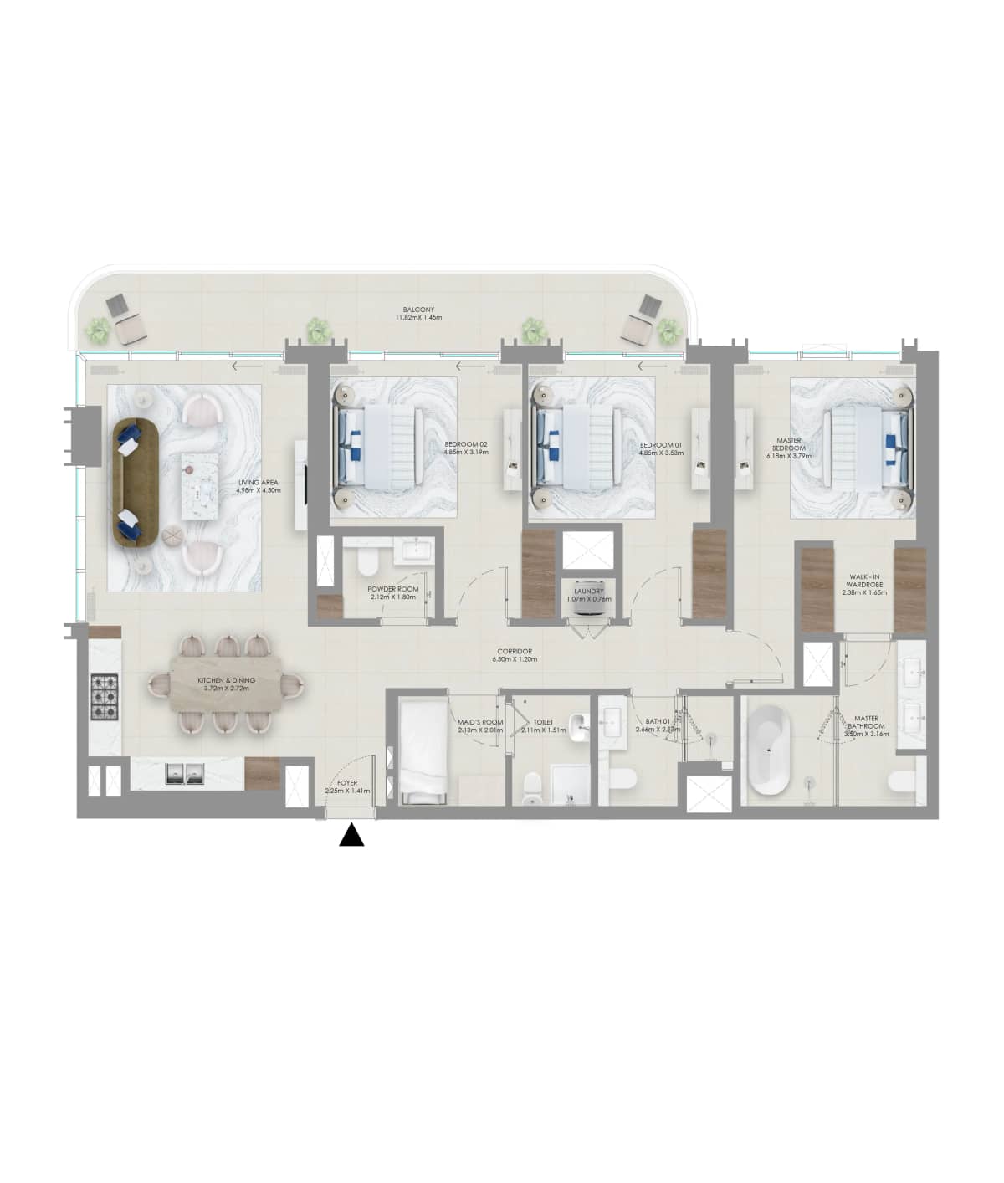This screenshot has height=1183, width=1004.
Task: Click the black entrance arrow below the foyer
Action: click(x=351, y=836)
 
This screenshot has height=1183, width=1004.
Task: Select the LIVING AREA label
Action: click(x=259, y=482)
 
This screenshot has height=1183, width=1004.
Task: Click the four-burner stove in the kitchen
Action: click(x=107, y=696)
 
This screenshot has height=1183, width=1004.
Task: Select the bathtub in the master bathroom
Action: click(x=767, y=751)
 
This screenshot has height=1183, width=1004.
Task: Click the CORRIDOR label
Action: click(x=514, y=652)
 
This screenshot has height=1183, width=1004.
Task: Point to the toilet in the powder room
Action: click(x=367, y=561)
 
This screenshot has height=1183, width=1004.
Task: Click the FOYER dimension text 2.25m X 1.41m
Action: click(x=347, y=791)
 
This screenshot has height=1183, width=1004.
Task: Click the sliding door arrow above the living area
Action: click(x=244, y=366)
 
